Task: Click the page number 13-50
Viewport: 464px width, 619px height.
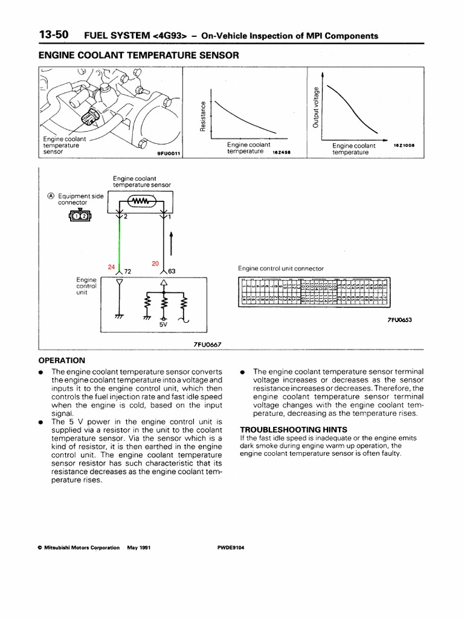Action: click(x=53, y=35)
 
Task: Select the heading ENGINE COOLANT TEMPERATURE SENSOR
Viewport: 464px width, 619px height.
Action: click(x=139, y=55)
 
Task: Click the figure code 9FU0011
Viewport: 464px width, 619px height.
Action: click(x=170, y=154)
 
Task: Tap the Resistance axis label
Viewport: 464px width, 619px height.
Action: click(x=204, y=115)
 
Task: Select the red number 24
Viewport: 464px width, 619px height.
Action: click(x=111, y=267)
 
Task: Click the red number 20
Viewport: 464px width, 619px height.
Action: click(x=155, y=264)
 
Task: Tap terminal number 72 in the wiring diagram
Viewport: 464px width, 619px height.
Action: click(x=127, y=271)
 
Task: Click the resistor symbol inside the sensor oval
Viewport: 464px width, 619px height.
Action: click(x=140, y=201)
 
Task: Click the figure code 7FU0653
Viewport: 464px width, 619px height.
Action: click(x=399, y=320)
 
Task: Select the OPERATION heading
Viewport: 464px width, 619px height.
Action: click(x=62, y=360)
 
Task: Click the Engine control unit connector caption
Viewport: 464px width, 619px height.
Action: click(x=281, y=268)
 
